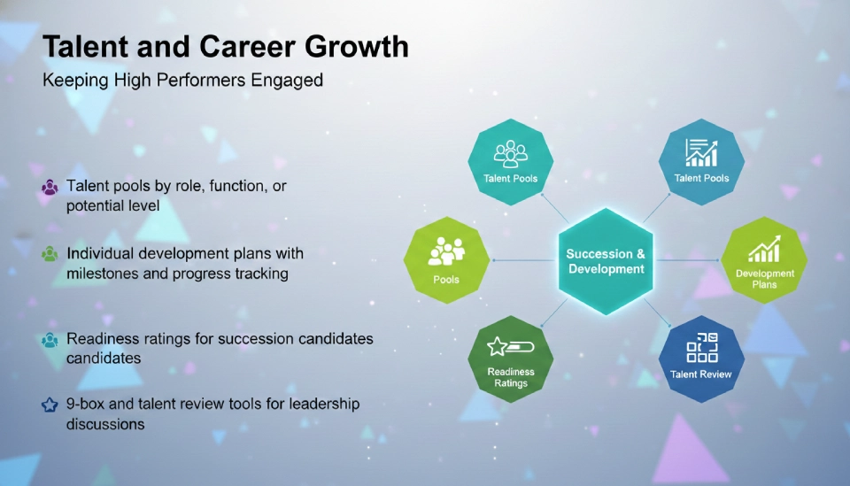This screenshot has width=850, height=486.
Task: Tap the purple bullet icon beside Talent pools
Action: pyautogui.click(x=50, y=188)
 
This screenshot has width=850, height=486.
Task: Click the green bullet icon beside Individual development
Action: pyautogui.click(x=50, y=254)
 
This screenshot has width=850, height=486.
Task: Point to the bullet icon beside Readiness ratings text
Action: pyautogui.click(x=50, y=340)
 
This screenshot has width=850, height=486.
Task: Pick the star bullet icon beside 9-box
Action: pyautogui.click(x=50, y=405)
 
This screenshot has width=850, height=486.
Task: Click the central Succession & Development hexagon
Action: pyautogui.click(x=606, y=261)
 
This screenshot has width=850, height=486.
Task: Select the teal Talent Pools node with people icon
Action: pyautogui.click(x=510, y=161)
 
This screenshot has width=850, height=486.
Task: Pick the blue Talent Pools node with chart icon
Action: pyautogui.click(x=701, y=161)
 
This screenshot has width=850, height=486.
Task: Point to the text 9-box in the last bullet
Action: pyautogui.click(x=86, y=404)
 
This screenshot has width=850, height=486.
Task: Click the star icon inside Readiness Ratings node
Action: pyautogui.click(x=498, y=346)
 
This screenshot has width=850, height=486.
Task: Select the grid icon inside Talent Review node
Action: pyautogui.click(x=701, y=346)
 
